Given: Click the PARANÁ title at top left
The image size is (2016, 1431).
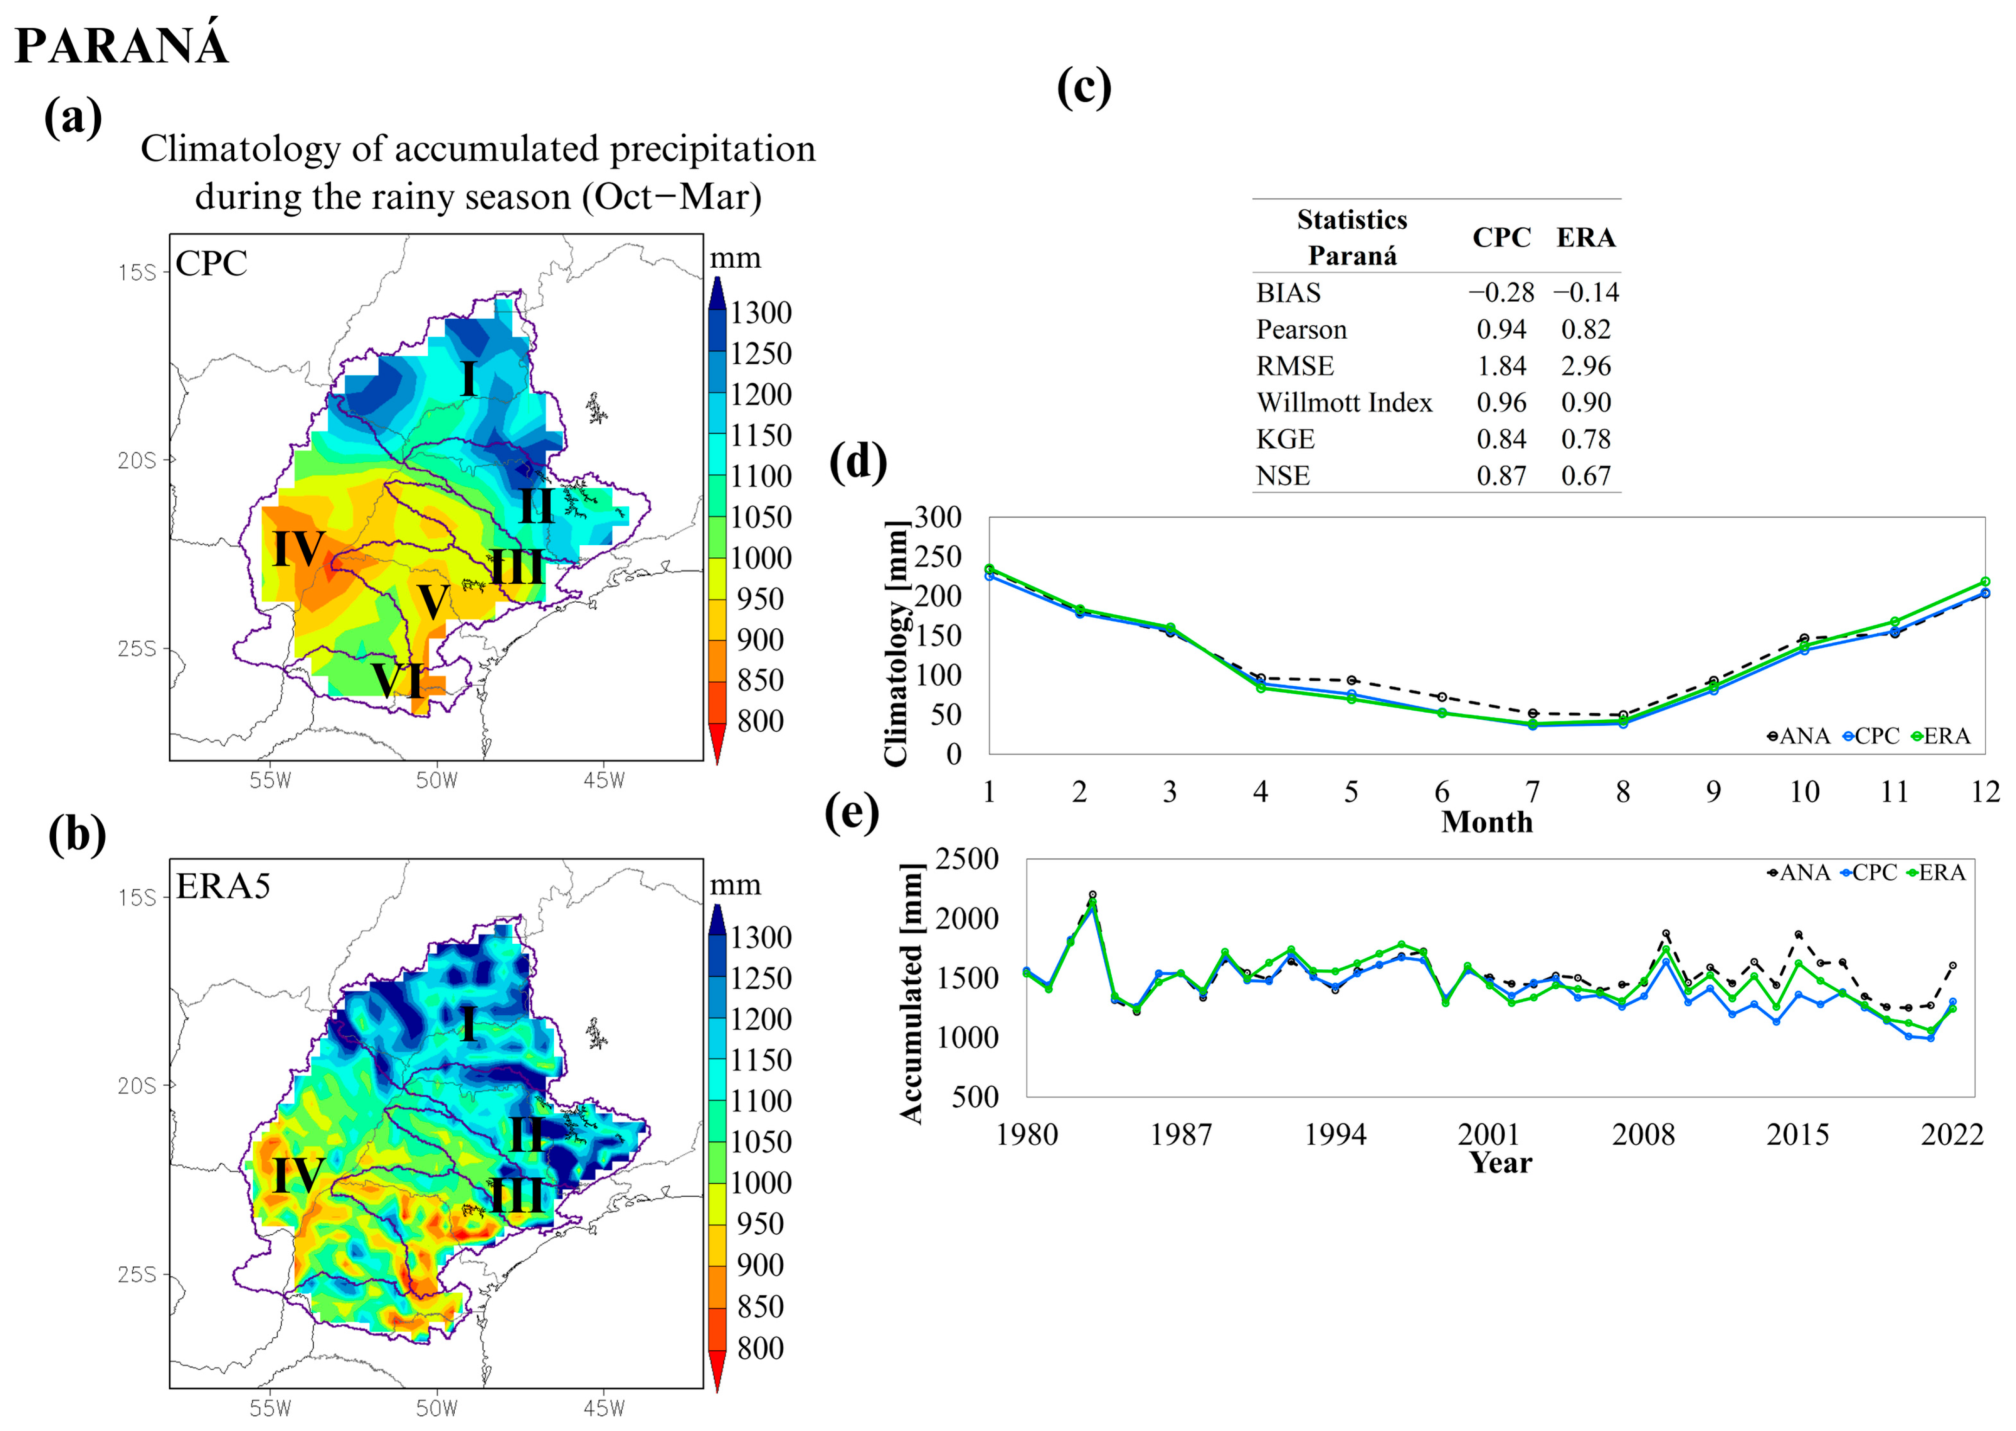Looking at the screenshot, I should point(122,46).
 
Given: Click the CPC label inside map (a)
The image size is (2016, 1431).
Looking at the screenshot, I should point(212,264).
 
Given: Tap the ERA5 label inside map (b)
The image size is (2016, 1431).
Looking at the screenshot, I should point(223,886).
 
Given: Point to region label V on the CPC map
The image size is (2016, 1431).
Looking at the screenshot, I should point(432,603).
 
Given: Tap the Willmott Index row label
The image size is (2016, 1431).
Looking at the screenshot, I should point(1344,403).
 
